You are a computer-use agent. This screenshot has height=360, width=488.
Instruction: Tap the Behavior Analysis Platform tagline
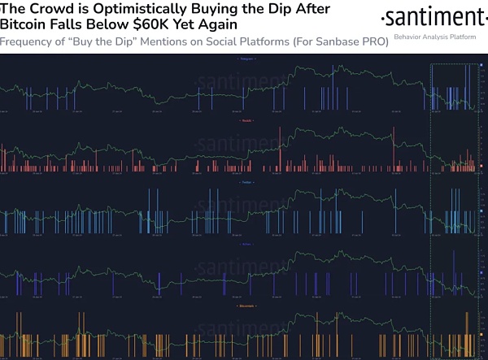(435, 37)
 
